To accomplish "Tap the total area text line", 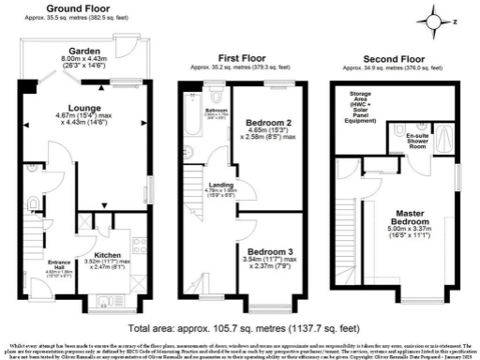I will coord(240,329).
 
